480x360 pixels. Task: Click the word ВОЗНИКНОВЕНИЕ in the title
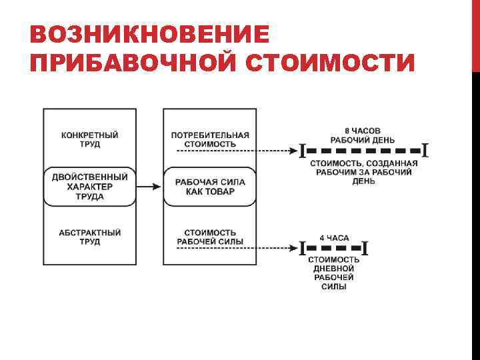tap(150, 35)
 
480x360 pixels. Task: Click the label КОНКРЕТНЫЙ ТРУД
tap(90, 139)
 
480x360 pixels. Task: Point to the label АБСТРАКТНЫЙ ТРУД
tap(90, 237)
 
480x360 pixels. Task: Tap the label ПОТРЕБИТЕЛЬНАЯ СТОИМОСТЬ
tap(210, 139)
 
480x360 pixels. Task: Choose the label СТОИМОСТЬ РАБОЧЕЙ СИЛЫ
tap(210, 237)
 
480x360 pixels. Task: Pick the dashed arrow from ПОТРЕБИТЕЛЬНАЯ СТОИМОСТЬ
tap(237, 151)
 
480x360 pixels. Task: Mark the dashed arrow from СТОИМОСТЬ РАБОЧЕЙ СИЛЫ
tap(237, 249)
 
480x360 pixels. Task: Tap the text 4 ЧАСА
tap(334, 238)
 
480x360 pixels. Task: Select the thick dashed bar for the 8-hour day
tap(363, 151)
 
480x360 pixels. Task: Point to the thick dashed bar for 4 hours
tap(334, 249)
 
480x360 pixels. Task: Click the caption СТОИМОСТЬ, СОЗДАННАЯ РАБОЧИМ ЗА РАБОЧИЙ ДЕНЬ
tap(363, 171)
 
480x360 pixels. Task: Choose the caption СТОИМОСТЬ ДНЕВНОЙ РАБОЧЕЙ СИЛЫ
tap(333, 273)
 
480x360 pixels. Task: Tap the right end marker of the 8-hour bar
tap(424, 151)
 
